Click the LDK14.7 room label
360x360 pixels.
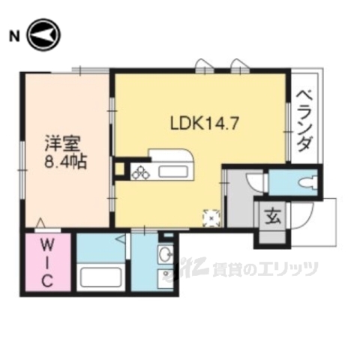coord(205,121)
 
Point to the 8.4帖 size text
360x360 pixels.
coord(64,160)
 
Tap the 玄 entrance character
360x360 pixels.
coord(271,218)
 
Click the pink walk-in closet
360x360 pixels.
coord(47,265)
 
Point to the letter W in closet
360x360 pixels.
coord(47,244)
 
